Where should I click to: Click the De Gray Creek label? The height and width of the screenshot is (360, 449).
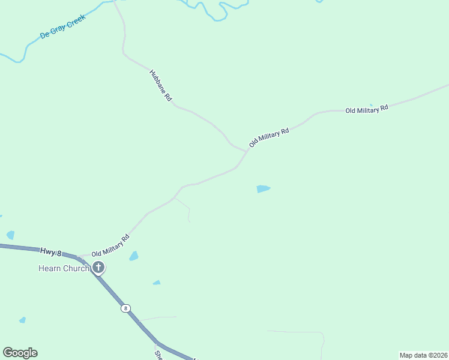[x=63, y=27]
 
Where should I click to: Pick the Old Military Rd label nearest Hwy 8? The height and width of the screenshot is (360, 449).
[x=110, y=246]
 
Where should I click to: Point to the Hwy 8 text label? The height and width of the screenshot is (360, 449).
[x=51, y=251]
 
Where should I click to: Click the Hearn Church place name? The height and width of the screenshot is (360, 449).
[x=64, y=268]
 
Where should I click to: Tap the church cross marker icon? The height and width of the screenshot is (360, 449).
[x=98, y=268]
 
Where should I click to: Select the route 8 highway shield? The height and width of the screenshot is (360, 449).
[x=125, y=308]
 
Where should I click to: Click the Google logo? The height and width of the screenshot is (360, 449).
[x=20, y=353]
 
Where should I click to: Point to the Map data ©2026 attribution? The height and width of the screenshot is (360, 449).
[x=423, y=355]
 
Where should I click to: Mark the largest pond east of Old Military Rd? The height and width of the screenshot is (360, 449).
[x=263, y=189]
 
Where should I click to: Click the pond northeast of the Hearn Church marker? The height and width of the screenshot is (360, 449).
[x=133, y=256]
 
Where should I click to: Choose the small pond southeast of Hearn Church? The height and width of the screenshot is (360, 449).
[x=157, y=283]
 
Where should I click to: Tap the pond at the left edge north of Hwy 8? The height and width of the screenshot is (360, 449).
[x=10, y=235]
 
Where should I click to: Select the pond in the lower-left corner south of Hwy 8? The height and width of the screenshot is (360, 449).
[x=23, y=320]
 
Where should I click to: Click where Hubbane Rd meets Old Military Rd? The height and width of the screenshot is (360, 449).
[x=247, y=151]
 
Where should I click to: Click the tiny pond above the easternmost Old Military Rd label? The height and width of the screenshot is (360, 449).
[x=371, y=105]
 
